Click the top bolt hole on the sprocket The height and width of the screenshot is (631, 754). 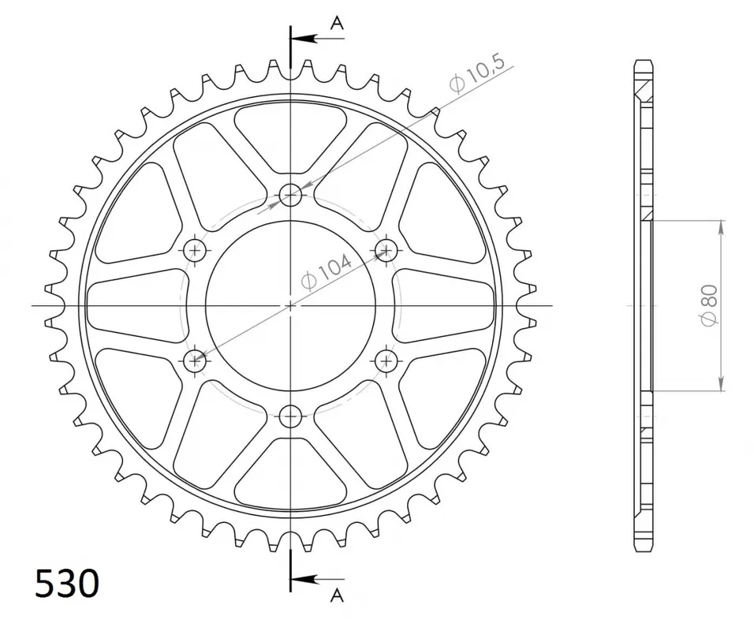(x=291, y=194)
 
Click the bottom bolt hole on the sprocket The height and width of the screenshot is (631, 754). (x=291, y=415)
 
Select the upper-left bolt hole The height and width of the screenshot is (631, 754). (x=195, y=250)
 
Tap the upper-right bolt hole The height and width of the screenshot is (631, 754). (x=386, y=250)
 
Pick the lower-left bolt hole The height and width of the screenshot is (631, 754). (x=195, y=361)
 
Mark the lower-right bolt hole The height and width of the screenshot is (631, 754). (x=386, y=361)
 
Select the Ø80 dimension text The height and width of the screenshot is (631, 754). (x=708, y=306)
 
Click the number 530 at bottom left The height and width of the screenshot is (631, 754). (x=67, y=584)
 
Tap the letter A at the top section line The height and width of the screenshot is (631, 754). (x=337, y=24)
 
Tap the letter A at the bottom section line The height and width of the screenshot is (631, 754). (x=337, y=595)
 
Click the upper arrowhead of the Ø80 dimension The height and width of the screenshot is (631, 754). (x=721, y=227)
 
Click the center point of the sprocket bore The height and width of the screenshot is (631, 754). (x=291, y=305)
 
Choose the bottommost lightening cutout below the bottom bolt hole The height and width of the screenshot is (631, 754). (x=291, y=476)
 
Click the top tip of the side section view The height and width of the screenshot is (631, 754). (x=644, y=61)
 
